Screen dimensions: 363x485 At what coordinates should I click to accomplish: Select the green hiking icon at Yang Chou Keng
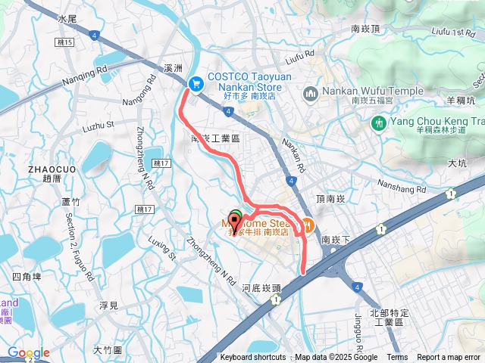pyautogui.click(x=380, y=121)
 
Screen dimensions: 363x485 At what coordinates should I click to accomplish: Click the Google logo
pyautogui.click(x=28, y=352)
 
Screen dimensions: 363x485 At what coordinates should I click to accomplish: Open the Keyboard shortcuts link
pyautogui.click(x=253, y=358)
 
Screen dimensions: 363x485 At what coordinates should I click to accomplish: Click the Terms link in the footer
pyautogui.click(x=397, y=358)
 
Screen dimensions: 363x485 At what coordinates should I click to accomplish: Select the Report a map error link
pyautogui.click(x=449, y=358)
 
